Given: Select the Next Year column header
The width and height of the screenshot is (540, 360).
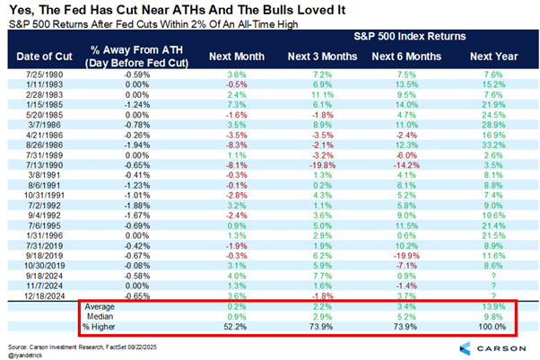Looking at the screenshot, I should tap(488, 55).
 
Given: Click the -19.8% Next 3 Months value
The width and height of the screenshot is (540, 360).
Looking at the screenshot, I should tap(316, 166).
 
